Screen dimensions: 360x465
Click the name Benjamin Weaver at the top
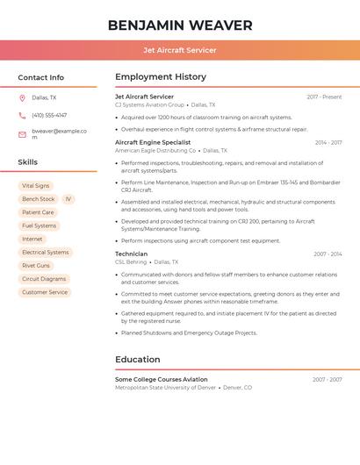[180, 25]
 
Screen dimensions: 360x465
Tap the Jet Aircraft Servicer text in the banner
[180, 50]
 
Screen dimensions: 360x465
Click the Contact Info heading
[40, 77]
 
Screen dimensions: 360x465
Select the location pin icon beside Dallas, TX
[22, 98]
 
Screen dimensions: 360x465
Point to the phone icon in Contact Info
[22, 115]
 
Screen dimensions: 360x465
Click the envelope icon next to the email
[22, 134]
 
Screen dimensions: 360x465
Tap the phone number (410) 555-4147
[49, 115]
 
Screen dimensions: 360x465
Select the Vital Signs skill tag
[35, 186]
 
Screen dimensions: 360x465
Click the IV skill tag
[68, 199]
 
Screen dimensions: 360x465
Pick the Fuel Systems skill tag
[39, 225]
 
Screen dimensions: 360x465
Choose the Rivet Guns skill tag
[36, 266]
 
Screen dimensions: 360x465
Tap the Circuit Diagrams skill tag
[44, 279]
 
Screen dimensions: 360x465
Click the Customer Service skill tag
[45, 292]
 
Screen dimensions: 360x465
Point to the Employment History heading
[161, 77]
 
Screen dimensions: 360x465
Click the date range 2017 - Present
[324, 97]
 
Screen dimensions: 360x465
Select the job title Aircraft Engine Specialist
[153, 142]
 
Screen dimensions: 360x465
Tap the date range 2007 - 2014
[328, 254]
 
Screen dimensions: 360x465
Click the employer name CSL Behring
[131, 261]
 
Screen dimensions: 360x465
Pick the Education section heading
[138, 360]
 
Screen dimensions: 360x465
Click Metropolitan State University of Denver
[165, 387]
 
